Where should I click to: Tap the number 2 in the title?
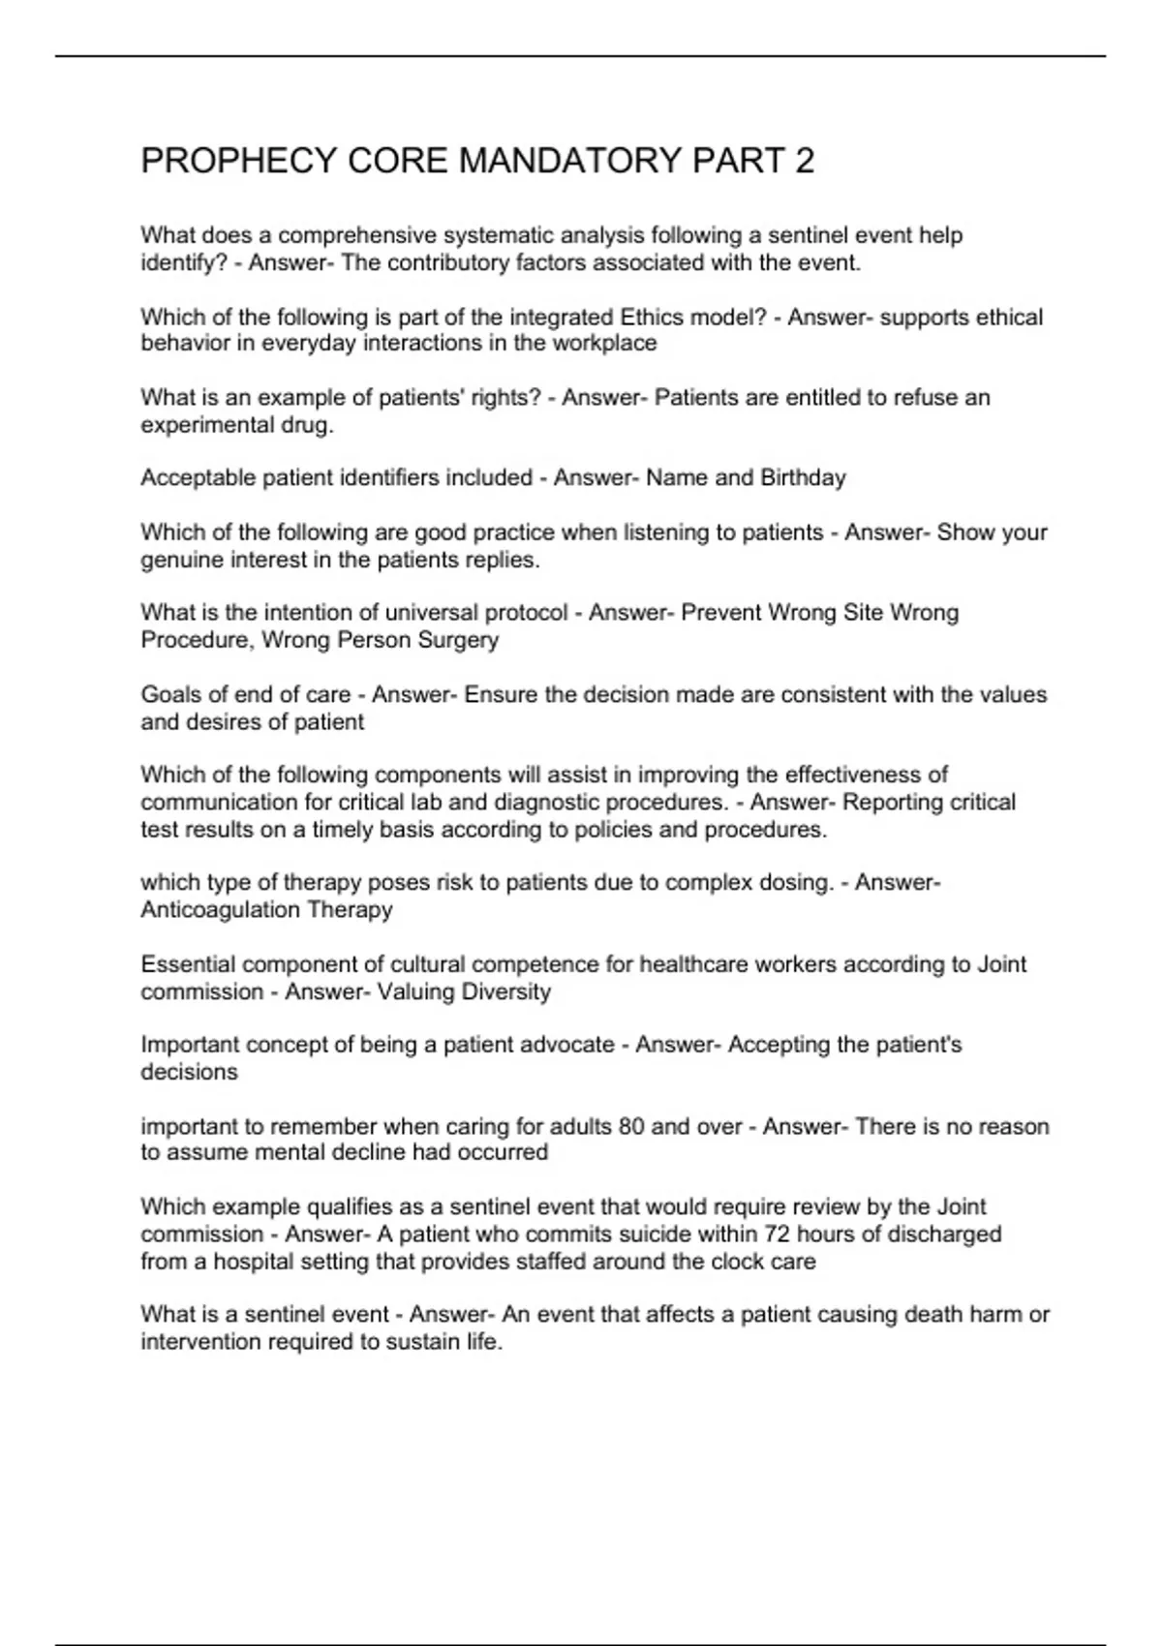[x=804, y=161]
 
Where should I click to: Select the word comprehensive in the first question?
[x=357, y=235]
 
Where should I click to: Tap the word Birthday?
[x=803, y=477]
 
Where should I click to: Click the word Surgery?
[x=458, y=640]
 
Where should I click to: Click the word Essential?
[x=188, y=964]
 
